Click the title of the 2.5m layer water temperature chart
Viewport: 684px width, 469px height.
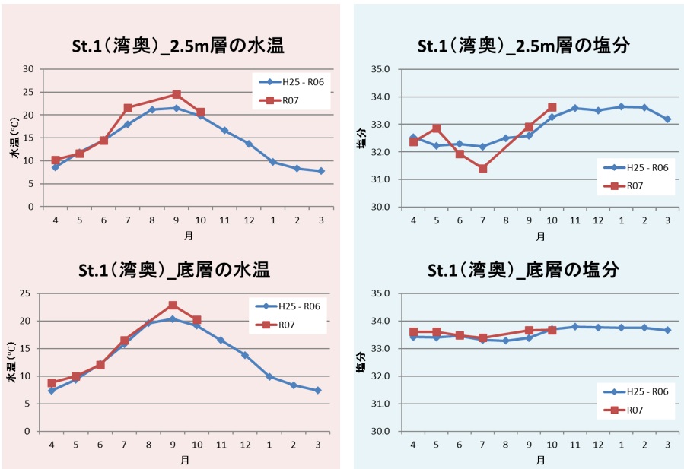click(x=173, y=46)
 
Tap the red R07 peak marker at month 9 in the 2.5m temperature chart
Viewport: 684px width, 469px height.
click(x=177, y=94)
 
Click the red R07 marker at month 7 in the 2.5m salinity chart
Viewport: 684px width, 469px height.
click(x=482, y=168)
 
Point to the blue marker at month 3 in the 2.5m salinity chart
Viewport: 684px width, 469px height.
click(x=667, y=119)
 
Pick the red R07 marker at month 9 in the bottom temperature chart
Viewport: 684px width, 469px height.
click(x=173, y=306)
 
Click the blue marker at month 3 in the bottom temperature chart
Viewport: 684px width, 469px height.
click(x=317, y=390)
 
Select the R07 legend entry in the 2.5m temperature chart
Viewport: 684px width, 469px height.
click(x=286, y=100)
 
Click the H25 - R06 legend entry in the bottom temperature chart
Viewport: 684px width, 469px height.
click(x=287, y=306)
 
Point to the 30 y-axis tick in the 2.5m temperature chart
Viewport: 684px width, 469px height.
click(x=30, y=69)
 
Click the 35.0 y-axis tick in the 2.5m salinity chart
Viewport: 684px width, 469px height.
click(x=379, y=69)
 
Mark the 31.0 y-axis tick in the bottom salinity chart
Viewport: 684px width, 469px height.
click(x=379, y=404)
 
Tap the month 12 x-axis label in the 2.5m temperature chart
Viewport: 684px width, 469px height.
click(x=248, y=220)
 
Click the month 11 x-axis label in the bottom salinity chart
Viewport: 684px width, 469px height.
click(x=574, y=444)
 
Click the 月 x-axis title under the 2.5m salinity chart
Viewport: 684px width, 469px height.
click(x=540, y=236)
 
